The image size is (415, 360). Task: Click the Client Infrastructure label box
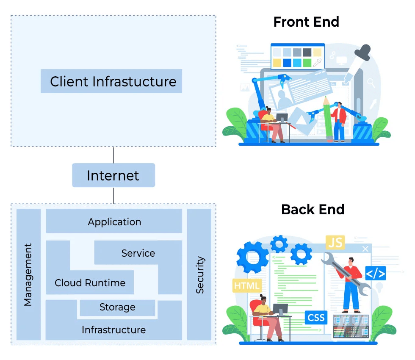(111, 81)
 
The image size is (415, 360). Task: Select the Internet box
(113, 175)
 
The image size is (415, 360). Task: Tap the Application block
(114, 222)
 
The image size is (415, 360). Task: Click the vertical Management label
(28, 274)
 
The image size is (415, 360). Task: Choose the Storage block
(117, 307)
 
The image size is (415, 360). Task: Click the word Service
(138, 253)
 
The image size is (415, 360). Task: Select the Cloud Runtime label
(90, 283)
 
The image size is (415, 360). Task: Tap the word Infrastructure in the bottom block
(113, 330)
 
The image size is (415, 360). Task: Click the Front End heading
(306, 22)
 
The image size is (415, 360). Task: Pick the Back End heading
(313, 209)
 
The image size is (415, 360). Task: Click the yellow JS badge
(335, 243)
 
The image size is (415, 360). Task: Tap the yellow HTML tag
(247, 285)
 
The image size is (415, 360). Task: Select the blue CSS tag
(316, 317)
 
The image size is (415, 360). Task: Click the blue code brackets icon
(376, 274)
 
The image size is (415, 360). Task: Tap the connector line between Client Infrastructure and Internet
(113, 155)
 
